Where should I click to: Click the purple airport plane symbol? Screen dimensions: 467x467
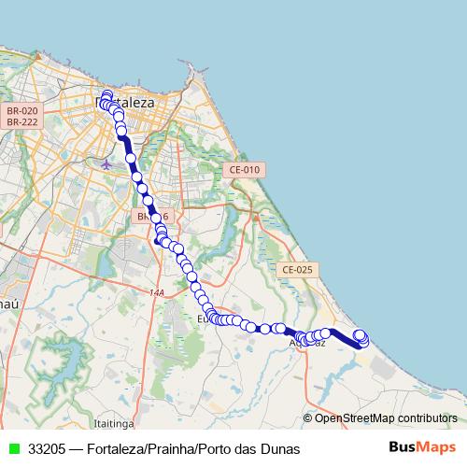pyautogui.click(x=106, y=163)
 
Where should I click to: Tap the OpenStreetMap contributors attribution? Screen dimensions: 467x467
pyautogui.click(x=386, y=417)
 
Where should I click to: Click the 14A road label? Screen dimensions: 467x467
pyautogui.click(x=156, y=292)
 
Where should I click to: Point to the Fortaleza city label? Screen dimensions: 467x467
pyautogui.click(x=131, y=95)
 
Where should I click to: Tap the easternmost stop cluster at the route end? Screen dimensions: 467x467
pyautogui.click(x=361, y=337)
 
